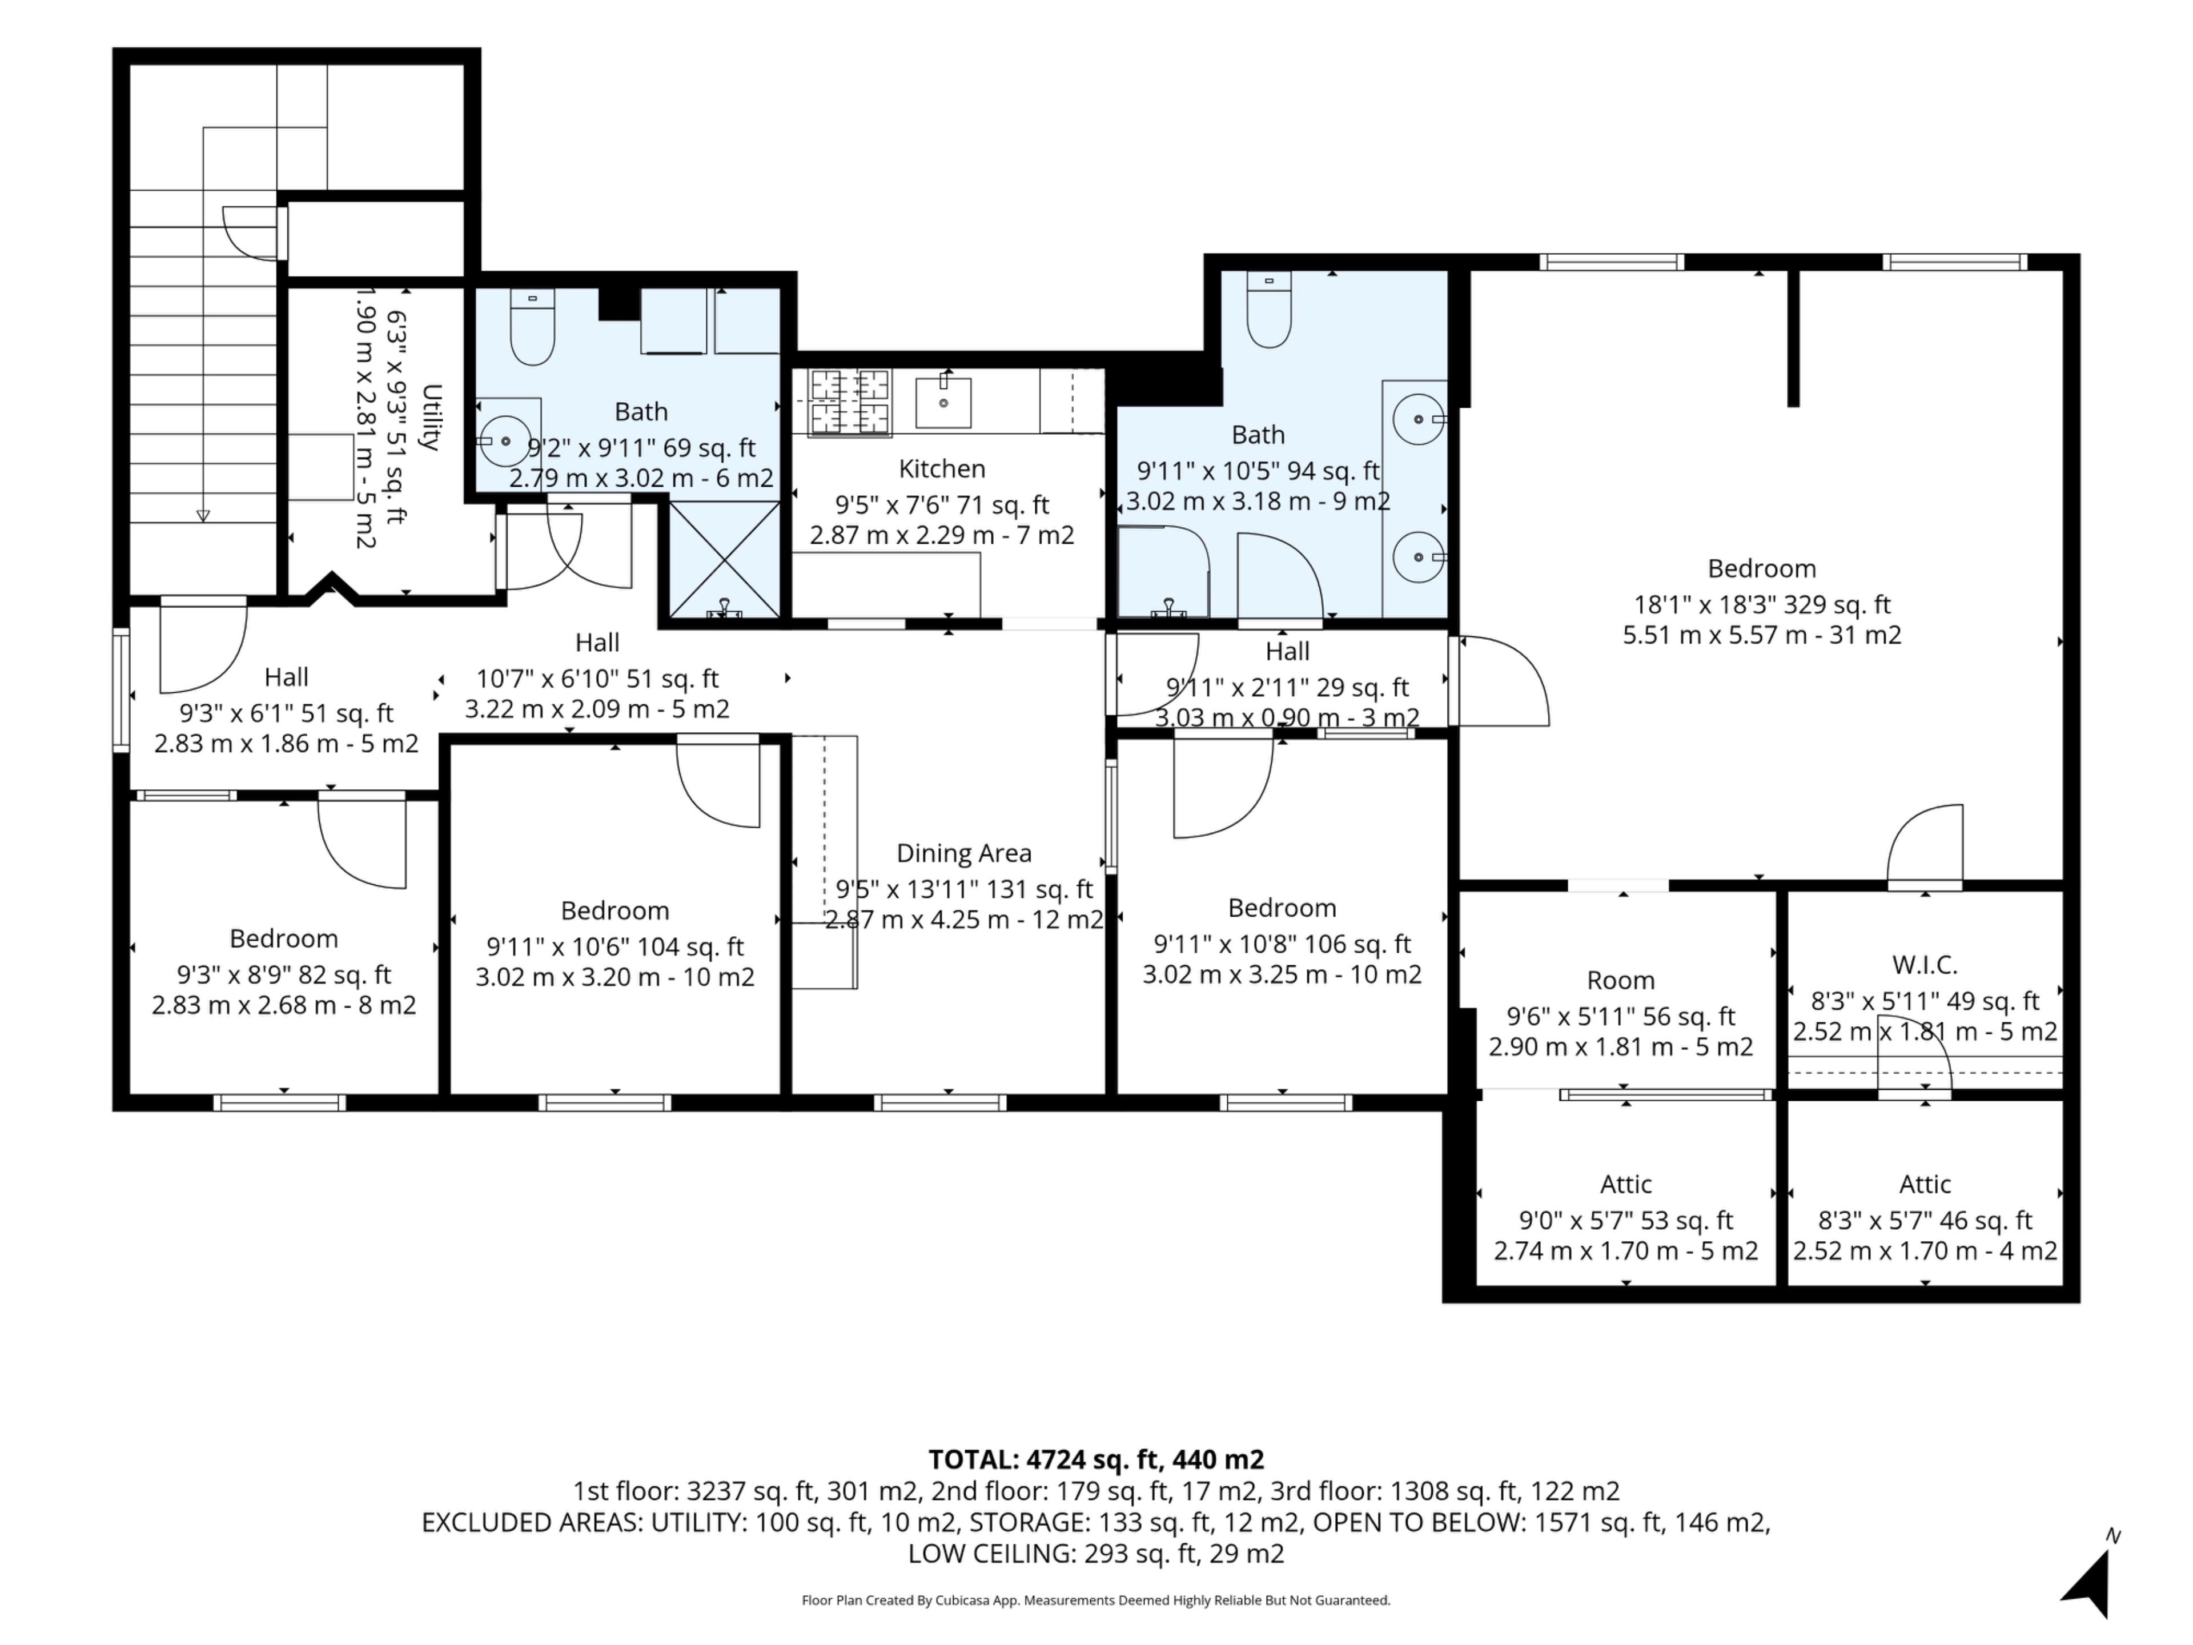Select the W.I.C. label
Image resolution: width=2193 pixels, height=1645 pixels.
(1925, 965)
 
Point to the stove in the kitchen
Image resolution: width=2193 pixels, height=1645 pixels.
(850, 402)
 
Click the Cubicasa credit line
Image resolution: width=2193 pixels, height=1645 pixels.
(1095, 1600)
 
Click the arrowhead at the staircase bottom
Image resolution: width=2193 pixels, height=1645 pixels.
(203, 516)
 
